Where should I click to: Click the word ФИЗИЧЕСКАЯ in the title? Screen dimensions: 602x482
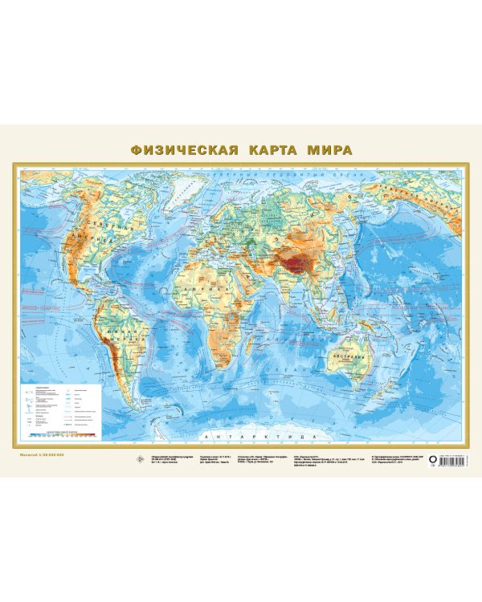click(x=182, y=149)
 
